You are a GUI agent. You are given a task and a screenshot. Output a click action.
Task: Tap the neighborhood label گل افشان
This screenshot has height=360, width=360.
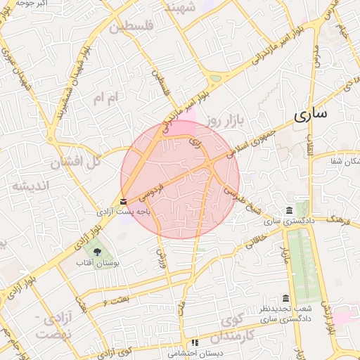(76, 162)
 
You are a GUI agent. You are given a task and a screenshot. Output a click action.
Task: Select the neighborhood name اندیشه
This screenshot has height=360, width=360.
(29, 186)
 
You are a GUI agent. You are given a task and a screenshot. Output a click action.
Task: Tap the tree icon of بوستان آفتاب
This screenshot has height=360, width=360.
(97, 251)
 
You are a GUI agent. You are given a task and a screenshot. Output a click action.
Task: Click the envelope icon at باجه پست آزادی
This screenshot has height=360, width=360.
(124, 201)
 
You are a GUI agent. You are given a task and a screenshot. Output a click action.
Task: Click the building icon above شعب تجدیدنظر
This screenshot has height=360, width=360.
(285, 298)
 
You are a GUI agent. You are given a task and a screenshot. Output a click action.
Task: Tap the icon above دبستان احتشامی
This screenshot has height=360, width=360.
(195, 342)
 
